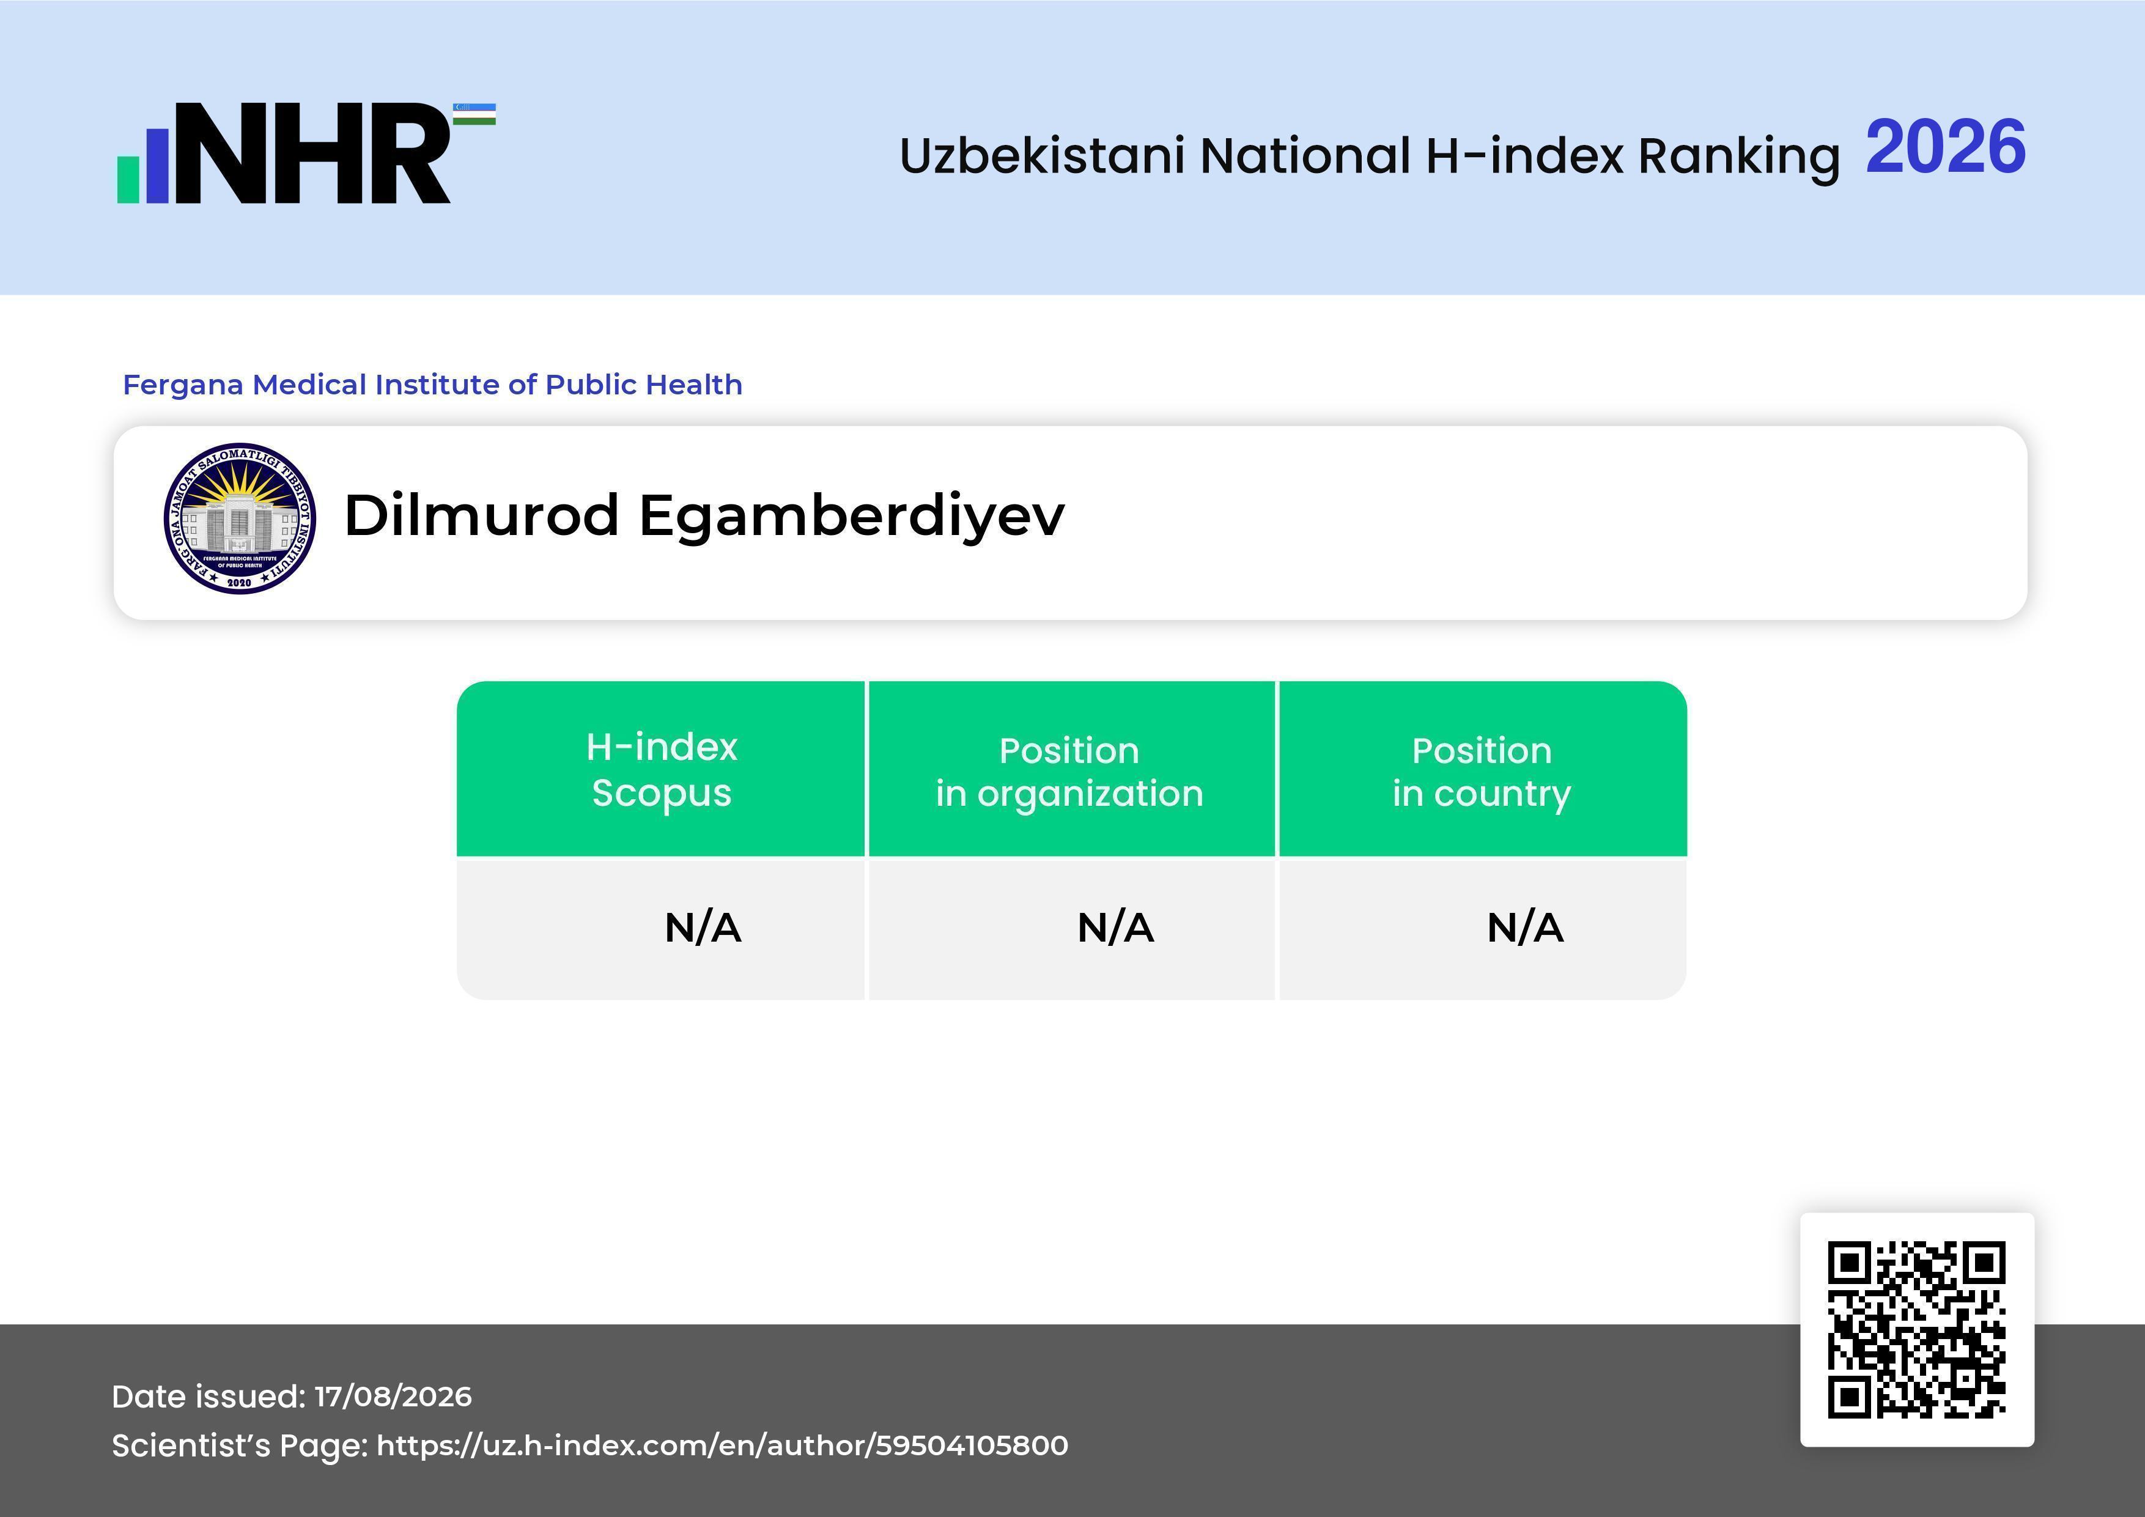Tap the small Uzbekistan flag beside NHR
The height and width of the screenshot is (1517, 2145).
click(474, 114)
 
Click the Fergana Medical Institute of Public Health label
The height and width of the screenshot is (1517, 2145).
click(432, 385)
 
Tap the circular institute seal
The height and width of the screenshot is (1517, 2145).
click(239, 519)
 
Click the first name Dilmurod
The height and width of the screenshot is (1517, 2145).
click(482, 515)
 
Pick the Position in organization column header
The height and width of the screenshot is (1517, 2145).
click(1069, 772)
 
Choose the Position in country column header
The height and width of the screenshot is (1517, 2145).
click(1482, 772)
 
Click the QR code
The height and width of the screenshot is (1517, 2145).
click(1917, 1329)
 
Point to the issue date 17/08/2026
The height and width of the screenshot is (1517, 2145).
click(393, 1397)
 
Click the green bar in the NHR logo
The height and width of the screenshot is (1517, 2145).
click(128, 179)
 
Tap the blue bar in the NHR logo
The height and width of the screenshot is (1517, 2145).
click(157, 165)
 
